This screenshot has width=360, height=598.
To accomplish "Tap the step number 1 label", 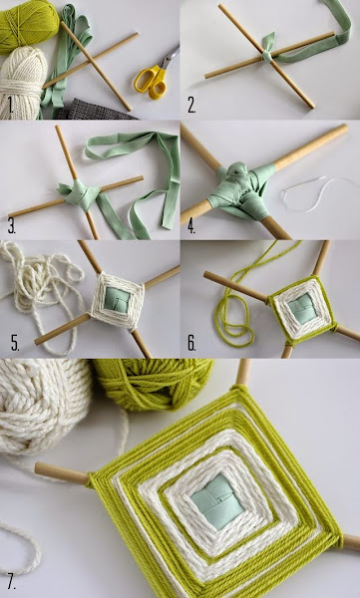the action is coord(10,106).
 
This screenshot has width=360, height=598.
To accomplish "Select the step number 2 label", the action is coord(191,106).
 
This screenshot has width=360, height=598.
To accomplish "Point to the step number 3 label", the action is coord(12,226).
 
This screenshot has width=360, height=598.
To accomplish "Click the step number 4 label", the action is coord(191,226).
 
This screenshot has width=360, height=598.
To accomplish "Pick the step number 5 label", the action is coord(15,343).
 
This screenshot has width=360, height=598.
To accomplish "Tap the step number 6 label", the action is coord(191,343).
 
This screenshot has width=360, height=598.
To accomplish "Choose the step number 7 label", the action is coord(11,583).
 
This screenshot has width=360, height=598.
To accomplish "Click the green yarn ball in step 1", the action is coord(28,26).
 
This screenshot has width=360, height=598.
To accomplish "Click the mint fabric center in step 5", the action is coord(118,299).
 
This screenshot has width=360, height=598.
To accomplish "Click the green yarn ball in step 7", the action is coord(153,384).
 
